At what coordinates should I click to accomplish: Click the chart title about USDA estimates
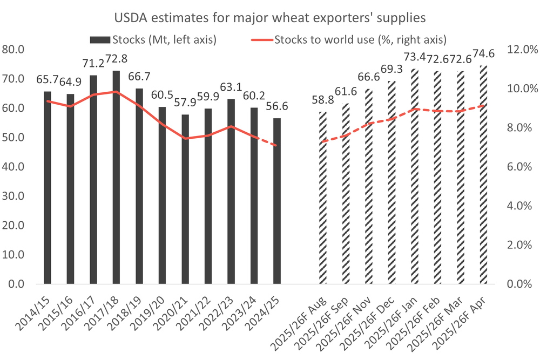point(270,18)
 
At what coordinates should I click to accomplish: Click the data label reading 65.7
point(48,80)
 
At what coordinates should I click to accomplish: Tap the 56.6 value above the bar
point(277,106)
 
